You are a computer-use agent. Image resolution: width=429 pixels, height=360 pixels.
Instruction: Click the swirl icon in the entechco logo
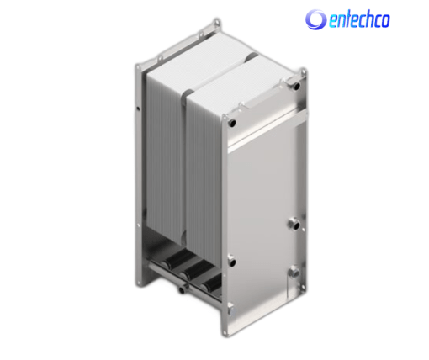click(315, 19)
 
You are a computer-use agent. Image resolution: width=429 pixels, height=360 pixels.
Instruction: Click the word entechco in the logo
click(359, 20)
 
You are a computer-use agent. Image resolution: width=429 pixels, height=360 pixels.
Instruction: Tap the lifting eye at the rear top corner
click(216, 23)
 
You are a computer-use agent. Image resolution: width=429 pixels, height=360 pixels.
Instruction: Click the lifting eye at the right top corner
click(303, 71)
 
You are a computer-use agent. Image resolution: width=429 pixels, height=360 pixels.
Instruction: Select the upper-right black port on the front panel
click(296, 86)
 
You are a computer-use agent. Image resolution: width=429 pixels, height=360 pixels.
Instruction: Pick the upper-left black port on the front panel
click(232, 123)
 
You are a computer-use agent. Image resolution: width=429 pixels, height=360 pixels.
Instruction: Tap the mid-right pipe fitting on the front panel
click(294, 224)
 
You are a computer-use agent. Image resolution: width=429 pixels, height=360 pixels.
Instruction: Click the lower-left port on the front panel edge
click(231, 262)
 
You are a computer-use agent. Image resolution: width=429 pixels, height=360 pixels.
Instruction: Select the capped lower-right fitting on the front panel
click(294, 272)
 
